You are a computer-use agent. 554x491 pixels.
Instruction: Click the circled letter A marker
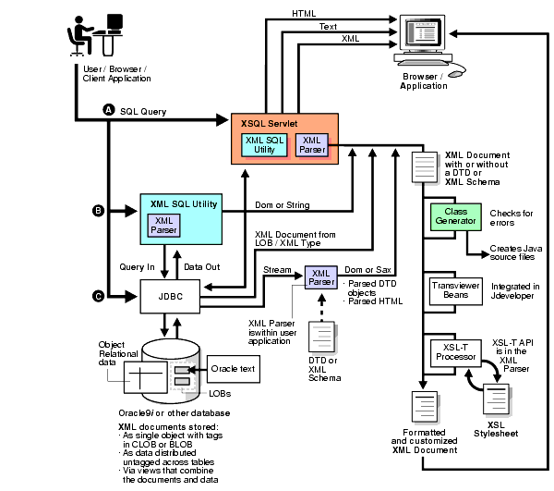pos(109,110)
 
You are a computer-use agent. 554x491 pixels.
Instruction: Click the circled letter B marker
pos(98,211)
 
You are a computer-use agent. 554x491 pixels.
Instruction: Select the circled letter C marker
pos(98,296)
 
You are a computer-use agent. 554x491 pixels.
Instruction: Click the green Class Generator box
pos(453,221)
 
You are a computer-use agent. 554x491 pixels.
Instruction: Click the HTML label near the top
pos(304,14)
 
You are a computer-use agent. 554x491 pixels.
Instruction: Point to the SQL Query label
pos(143,111)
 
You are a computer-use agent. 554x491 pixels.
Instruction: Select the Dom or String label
pos(274,204)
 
